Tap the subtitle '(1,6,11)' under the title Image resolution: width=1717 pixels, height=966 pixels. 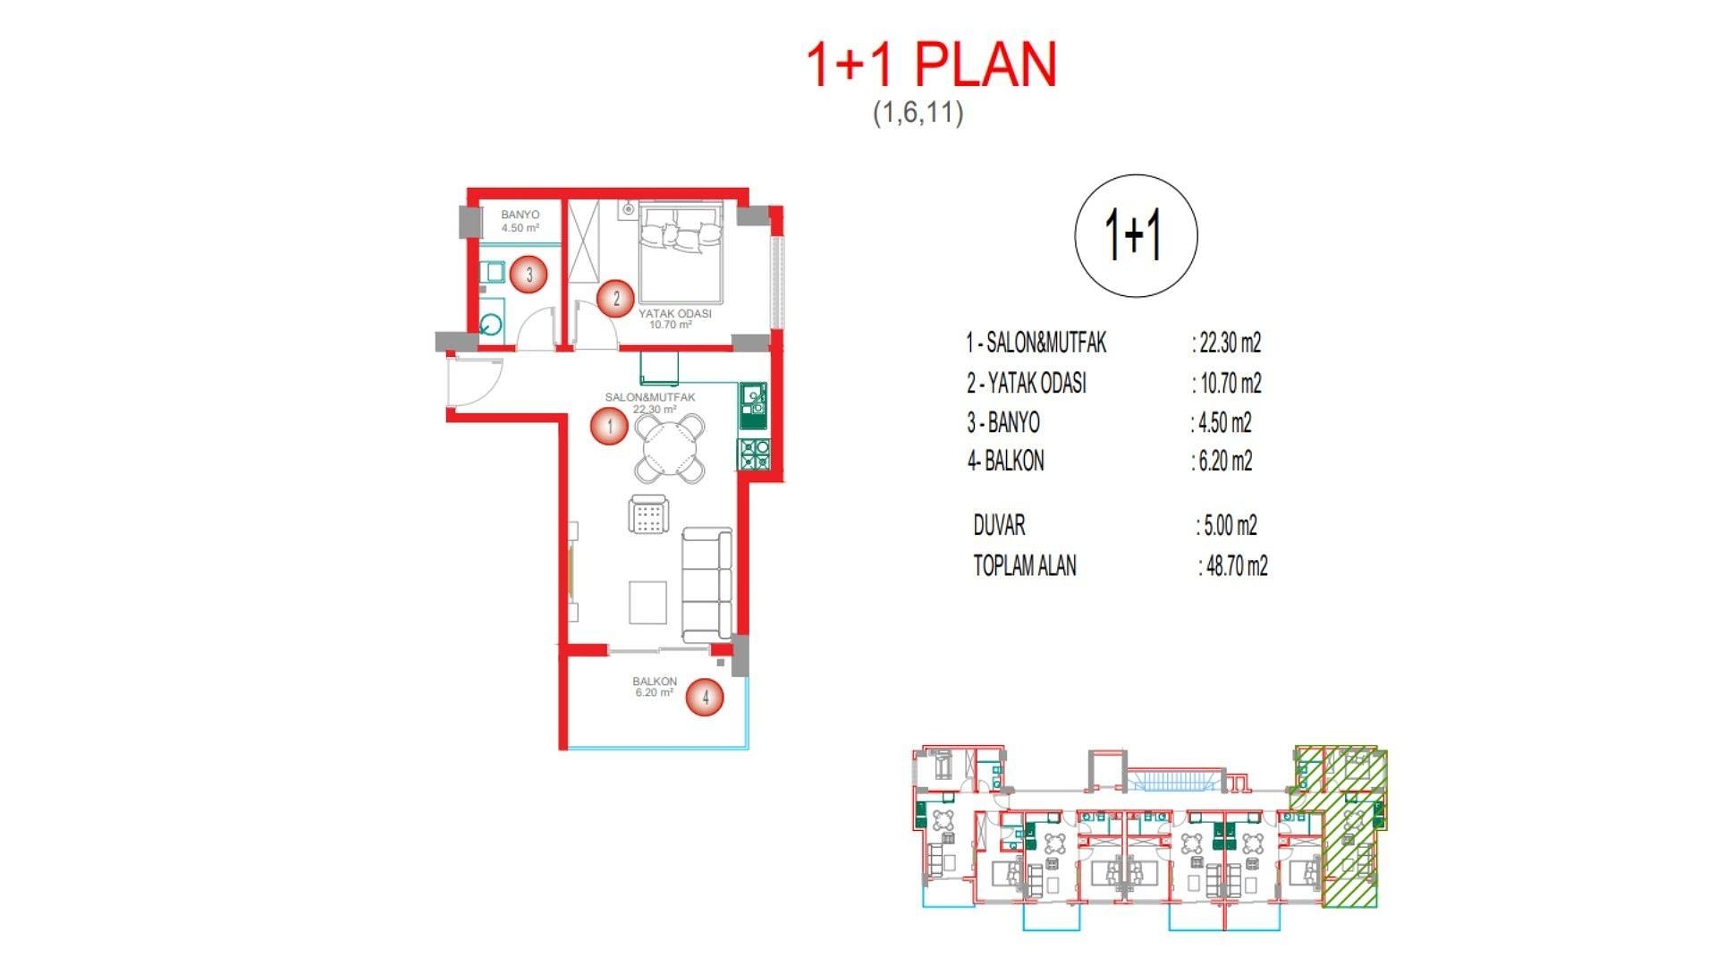pyautogui.click(x=918, y=113)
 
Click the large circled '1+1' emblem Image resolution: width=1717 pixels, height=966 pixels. pyautogui.click(x=1135, y=235)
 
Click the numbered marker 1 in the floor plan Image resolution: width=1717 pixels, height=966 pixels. pyautogui.click(x=610, y=426)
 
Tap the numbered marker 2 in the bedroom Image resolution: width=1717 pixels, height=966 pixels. pyautogui.click(x=615, y=298)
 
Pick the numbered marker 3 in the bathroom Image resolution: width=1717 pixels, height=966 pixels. pyautogui.click(x=529, y=275)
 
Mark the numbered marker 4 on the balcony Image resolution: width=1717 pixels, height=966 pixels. pyautogui.click(x=705, y=697)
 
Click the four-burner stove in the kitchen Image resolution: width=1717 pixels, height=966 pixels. pyautogui.click(x=753, y=454)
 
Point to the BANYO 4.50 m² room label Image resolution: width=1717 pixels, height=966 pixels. pyautogui.click(x=520, y=221)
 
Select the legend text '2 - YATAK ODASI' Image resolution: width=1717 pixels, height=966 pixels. pyautogui.click(x=1027, y=383)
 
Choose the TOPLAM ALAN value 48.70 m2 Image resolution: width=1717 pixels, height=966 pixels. pyautogui.click(x=1236, y=566)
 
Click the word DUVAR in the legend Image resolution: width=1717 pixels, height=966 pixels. pyautogui.click(x=999, y=525)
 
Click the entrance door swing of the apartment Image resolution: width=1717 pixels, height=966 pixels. pyautogui.click(x=474, y=382)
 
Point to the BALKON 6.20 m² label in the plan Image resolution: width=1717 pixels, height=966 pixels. pyautogui.click(x=654, y=686)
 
